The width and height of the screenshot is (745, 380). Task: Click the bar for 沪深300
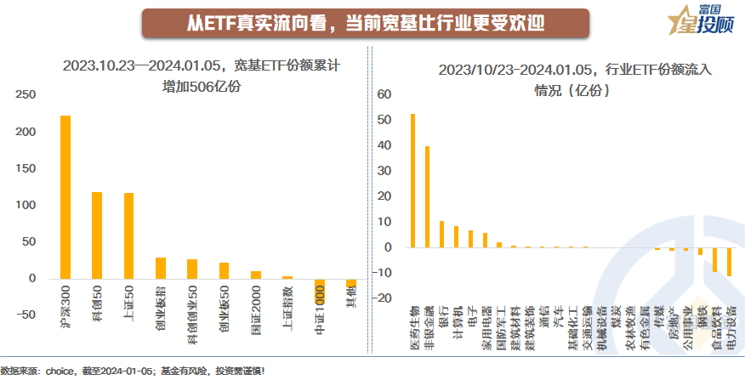[x=65, y=197]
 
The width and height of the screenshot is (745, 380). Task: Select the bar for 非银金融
[x=427, y=196]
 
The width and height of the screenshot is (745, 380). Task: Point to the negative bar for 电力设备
[x=729, y=262]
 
